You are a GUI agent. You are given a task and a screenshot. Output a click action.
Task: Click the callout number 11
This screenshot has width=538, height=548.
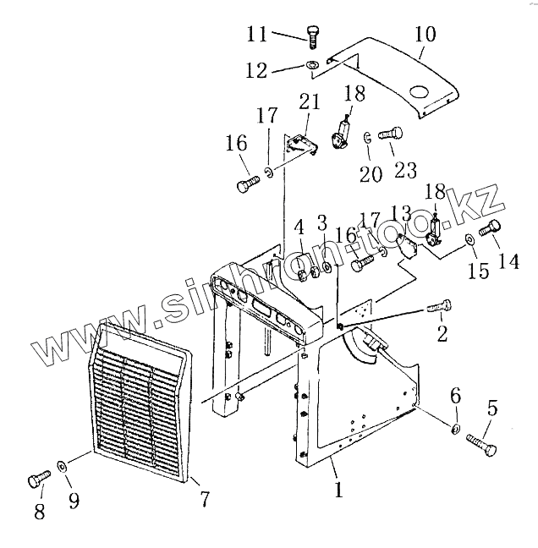coord(257,35)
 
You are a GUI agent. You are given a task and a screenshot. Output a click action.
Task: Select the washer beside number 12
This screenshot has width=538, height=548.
coord(312,66)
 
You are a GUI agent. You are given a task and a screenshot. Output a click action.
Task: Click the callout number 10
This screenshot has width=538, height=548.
coord(425,36)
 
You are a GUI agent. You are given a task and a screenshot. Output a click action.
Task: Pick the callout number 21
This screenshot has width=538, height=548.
coord(310,102)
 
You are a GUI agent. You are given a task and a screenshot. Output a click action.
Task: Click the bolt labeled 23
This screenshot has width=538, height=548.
coord(390,133)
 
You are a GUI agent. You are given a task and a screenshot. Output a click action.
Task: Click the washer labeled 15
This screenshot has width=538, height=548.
coord(468,242)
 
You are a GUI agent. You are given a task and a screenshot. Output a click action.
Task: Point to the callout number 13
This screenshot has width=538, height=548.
coord(401,214)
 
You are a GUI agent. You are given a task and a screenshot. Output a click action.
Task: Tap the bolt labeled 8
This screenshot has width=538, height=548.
coord(33,481)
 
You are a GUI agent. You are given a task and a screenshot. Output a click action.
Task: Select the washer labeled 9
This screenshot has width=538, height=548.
coord(62,467)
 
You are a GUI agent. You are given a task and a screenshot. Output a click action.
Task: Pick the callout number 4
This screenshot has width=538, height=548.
coord(299,227)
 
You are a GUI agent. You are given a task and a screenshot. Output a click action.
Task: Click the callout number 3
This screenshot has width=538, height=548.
coord(321,223)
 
